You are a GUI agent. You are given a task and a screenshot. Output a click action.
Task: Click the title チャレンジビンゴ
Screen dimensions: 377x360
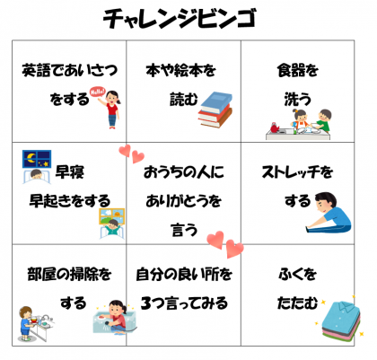(180, 19)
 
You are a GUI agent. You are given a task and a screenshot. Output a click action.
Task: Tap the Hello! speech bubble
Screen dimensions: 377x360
(98, 92)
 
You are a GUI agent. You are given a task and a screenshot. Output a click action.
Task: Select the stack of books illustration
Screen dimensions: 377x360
(215, 110)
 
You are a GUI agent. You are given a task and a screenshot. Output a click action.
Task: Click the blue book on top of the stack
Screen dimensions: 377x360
(217, 101)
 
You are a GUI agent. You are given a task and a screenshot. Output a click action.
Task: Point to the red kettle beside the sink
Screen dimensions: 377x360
(275, 127)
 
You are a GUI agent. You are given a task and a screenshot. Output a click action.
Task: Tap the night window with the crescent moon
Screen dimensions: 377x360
(37, 159)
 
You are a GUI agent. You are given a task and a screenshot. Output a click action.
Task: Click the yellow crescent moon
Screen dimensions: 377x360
(31, 157)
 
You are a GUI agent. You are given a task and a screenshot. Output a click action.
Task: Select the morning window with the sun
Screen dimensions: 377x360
(112, 216)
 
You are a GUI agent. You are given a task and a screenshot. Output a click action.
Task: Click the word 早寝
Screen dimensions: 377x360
(70, 171)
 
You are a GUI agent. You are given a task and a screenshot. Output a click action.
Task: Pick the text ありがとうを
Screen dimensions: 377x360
(183, 201)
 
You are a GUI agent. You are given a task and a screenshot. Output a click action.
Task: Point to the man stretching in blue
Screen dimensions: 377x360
(329, 213)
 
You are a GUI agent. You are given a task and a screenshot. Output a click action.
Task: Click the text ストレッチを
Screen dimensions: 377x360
(297, 171)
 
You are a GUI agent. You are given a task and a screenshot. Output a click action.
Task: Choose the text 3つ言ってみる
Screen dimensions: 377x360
(184, 303)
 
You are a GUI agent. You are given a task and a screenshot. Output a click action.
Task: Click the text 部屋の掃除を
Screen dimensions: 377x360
(69, 274)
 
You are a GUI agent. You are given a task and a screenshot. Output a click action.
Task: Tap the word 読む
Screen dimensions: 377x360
(184, 99)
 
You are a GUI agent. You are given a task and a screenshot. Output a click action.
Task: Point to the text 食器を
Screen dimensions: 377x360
(297, 70)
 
